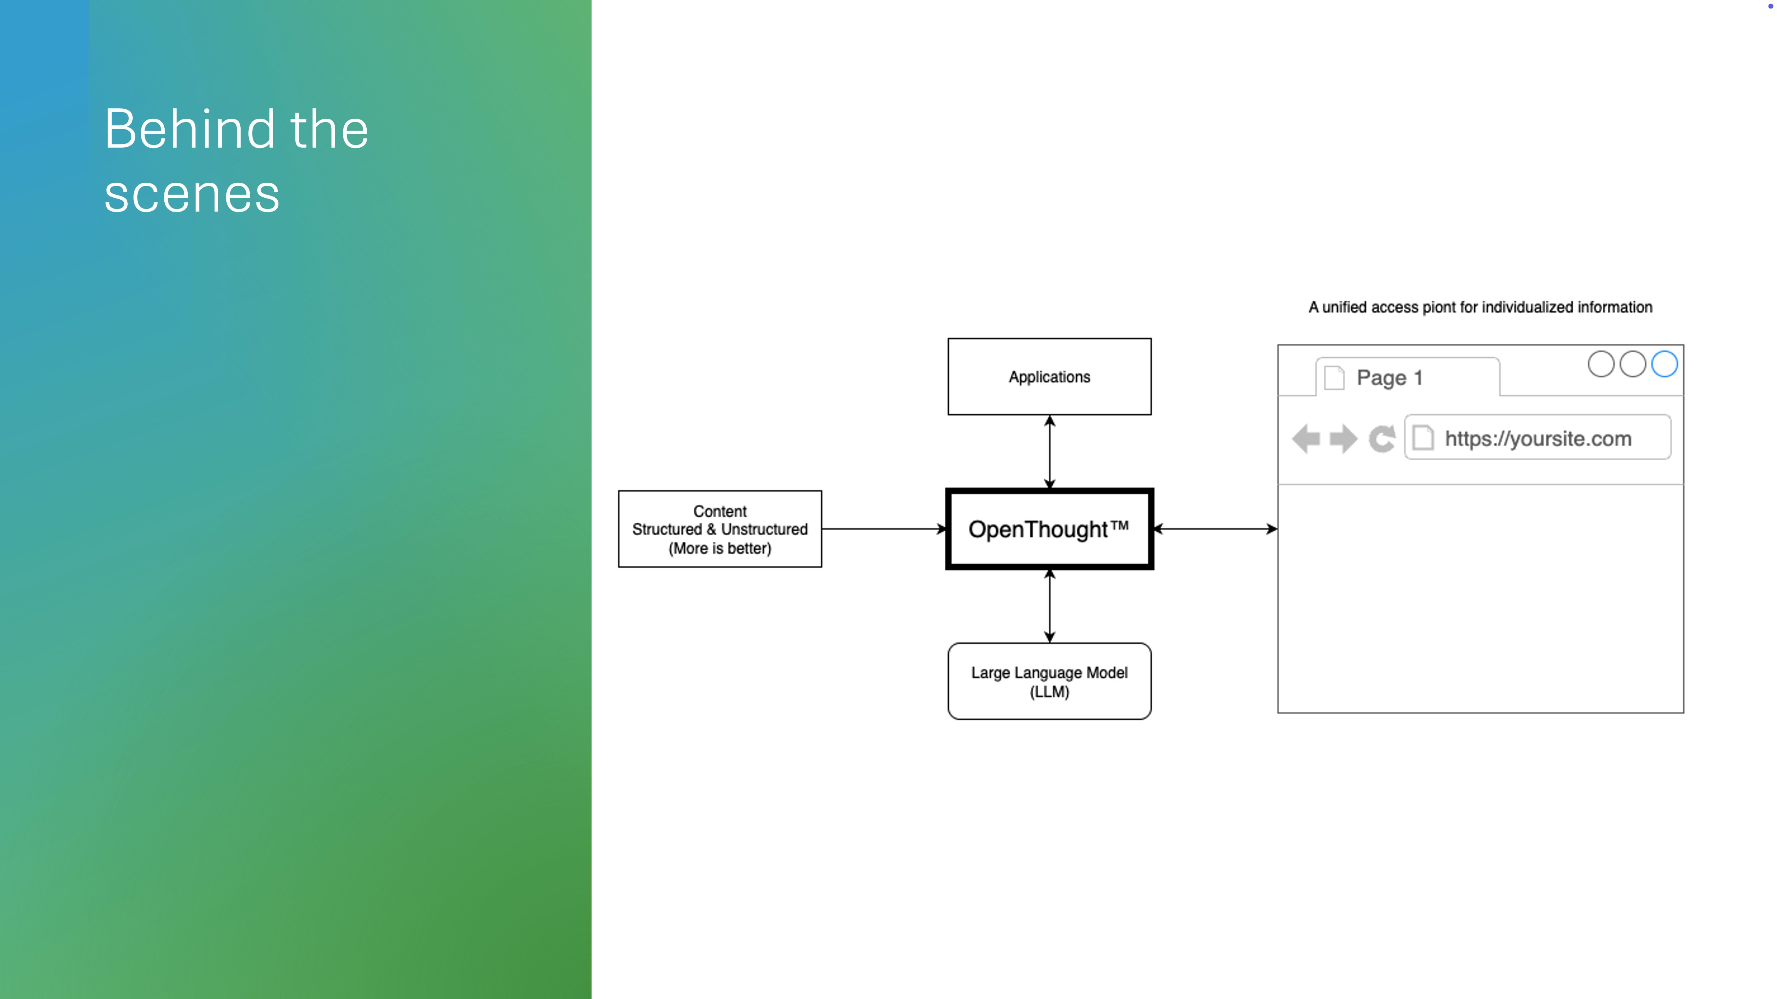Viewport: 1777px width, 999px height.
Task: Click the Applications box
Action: (x=1049, y=377)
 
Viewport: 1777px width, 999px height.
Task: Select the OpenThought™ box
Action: (x=1049, y=529)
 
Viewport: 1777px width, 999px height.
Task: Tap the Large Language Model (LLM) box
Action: (x=1049, y=681)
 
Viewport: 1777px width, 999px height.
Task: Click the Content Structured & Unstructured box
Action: (x=720, y=529)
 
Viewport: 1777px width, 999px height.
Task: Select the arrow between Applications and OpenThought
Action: (x=1049, y=452)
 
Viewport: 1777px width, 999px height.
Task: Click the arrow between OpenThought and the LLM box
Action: (x=1049, y=606)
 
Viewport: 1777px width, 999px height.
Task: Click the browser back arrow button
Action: (x=1306, y=439)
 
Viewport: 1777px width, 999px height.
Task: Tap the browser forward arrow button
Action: (x=1343, y=439)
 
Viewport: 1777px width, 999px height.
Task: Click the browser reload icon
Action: (x=1382, y=439)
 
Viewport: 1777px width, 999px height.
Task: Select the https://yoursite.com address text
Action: (x=1538, y=439)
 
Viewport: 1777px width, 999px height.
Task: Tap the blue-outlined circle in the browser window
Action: (x=1664, y=364)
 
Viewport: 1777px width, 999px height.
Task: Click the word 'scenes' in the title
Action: (x=192, y=194)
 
